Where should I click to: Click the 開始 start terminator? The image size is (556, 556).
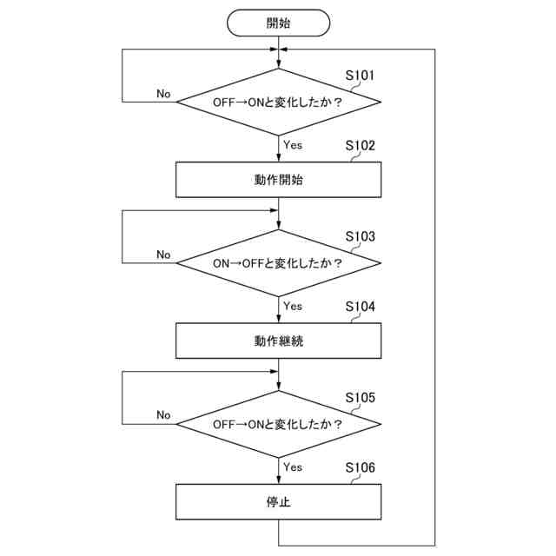click(x=278, y=23)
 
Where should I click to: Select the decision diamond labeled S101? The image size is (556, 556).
click(x=278, y=103)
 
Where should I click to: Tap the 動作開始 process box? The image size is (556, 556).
click(x=278, y=181)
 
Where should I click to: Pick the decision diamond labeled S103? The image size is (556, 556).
click(x=278, y=262)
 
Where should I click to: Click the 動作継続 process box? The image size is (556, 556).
click(x=278, y=341)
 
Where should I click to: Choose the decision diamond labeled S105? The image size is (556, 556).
click(x=278, y=424)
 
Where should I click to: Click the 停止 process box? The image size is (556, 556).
click(x=278, y=501)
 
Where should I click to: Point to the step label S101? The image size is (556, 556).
click(x=360, y=76)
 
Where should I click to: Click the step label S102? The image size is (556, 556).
click(x=360, y=146)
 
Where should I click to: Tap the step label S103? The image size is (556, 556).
click(x=360, y=236)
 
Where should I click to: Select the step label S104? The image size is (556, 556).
click(x=360, y=307)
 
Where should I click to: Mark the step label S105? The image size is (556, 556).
click(x=360, y=398)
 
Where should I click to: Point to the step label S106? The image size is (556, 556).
click(x=360, y=467)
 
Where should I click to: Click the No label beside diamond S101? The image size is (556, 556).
click(x=163, y=93)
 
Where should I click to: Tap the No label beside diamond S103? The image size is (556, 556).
click(x=163, y=254)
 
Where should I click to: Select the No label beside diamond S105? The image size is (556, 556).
click(x=163, y=414)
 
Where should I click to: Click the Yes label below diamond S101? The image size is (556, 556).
click(x=293, y=144)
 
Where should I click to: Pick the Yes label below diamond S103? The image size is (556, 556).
click(x=293, y=305)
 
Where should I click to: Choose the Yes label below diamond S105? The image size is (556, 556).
click(x=293, y=467)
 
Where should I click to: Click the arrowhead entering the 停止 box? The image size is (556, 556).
click(x=278, y=480)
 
